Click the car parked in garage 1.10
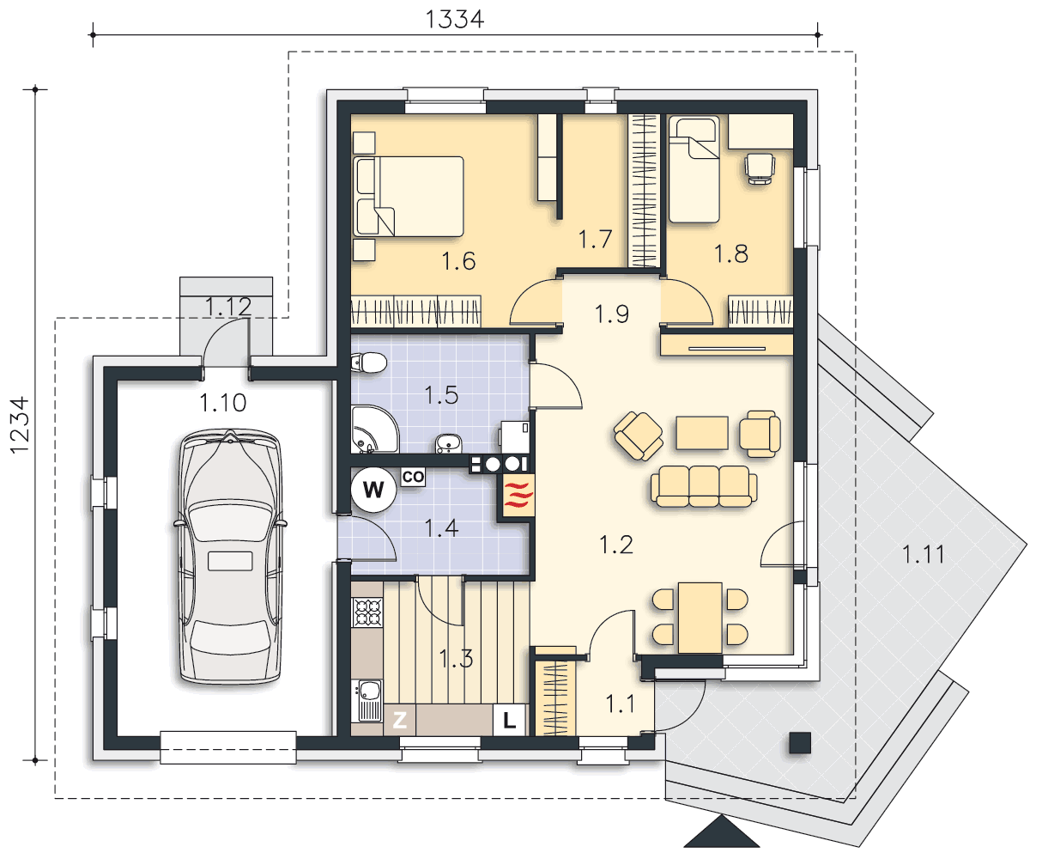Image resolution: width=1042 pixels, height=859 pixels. [x=230, y=556]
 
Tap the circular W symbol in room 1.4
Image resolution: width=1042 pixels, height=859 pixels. [x=373, y=490]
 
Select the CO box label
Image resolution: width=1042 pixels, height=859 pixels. [x=413, y=478]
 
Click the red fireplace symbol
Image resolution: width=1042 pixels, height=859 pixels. [x=518, y=495]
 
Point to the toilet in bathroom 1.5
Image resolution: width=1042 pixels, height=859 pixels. [x=369, y=362]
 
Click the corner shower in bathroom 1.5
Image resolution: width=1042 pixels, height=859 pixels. [x=375, y=429]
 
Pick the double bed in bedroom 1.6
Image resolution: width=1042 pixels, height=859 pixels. [x=409, y=196]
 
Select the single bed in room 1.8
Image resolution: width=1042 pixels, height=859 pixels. [x=694, y=169]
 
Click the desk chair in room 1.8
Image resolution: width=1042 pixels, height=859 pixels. [x=760, y=169]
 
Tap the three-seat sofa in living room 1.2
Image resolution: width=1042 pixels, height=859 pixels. [x=704, y=486]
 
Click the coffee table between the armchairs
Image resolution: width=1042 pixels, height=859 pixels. [x=702, y=433]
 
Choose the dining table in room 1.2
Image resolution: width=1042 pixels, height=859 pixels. [x=700, y=618]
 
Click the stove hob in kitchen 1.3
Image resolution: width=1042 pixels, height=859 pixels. [x=368, y=612]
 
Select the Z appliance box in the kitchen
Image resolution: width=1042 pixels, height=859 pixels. [x=399, y=720]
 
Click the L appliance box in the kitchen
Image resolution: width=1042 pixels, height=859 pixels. [x=509, y=720]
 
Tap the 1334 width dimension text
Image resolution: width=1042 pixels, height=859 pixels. [x=455, y=20]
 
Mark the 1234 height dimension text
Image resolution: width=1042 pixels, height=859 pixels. [x=21, y=425]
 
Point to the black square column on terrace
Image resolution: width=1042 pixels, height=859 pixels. [x=800, y=743]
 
